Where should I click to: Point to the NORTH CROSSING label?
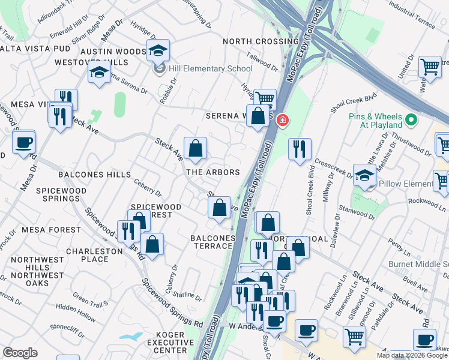[260, 41]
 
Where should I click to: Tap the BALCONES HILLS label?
[94, 175]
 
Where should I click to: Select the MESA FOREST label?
[51, 230]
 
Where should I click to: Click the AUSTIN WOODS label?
[114, 52]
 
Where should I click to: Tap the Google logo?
[20, 353]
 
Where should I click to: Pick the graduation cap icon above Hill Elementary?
[158, 51]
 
